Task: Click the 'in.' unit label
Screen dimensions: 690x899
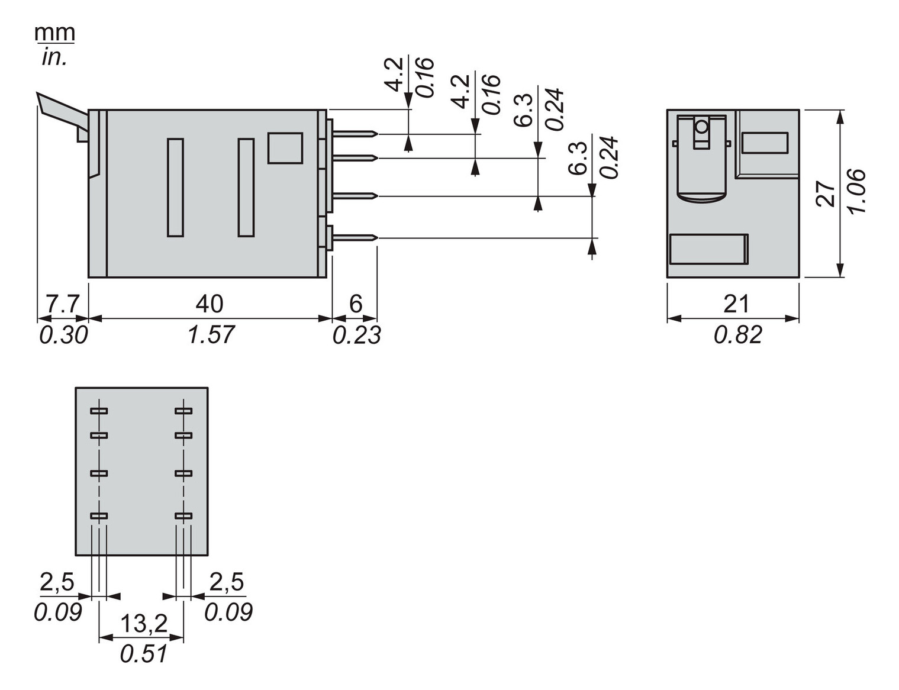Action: [54, 57]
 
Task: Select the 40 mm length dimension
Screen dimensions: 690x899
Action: [209, 304]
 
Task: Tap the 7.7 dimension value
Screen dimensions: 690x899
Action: [62, 304]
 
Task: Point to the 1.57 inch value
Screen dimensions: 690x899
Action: [211, 335]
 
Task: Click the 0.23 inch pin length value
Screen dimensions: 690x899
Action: [356, 335]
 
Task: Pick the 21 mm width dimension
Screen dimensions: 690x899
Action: [736, 304]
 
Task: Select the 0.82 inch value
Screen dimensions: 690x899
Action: [737, 335]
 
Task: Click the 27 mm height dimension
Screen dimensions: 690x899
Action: [826, 193]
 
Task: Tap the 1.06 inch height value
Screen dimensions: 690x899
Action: [856, 192]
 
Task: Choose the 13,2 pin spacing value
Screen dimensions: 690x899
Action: [144, 623]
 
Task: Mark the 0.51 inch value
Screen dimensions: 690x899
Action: [143, 654]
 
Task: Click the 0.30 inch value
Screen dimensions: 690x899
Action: [63, 335]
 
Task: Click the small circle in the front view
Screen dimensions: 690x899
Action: [701, 127]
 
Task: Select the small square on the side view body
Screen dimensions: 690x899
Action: [285, 147]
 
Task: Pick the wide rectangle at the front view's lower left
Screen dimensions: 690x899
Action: [708, 249]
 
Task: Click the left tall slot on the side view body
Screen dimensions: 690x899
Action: [175, 187]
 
